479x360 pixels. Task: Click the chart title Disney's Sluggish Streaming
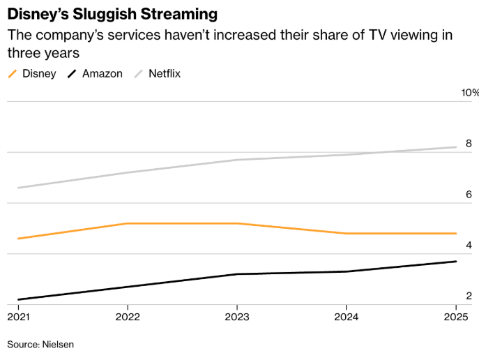pos(112,14)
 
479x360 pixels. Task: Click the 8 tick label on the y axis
pos(469,144)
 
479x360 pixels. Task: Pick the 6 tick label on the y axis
pos(469,195)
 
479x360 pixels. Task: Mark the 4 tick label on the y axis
pos(469,246)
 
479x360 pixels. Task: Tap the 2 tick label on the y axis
pos(469,297)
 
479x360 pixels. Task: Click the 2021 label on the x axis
pos(18,317)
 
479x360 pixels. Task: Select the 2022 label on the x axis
pos(128,317)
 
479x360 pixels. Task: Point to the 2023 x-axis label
pos(237,317)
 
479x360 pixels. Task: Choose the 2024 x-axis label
pos(347,317)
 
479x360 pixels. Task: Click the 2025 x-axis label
pos(456,317)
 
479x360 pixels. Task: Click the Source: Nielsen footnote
pos(40,344)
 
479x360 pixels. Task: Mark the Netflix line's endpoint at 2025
pos(456,147)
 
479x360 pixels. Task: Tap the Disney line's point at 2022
pos(128,223)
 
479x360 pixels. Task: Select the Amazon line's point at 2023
pos(237,274)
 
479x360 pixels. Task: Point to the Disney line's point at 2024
pos(347,234)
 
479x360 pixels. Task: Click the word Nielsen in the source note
pos(58,344)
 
